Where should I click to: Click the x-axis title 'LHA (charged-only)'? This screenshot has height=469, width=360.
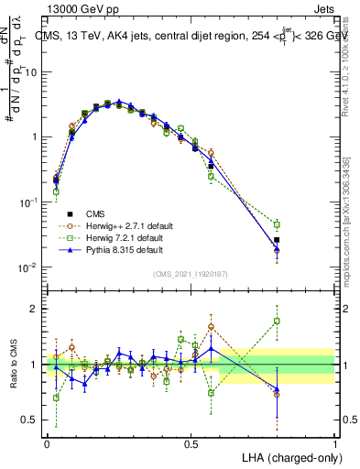[288, 456]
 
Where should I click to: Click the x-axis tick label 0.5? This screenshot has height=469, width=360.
[191, 443]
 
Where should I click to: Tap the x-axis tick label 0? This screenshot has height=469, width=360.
[48, 443]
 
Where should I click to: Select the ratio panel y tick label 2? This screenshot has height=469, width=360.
[34, 309]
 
